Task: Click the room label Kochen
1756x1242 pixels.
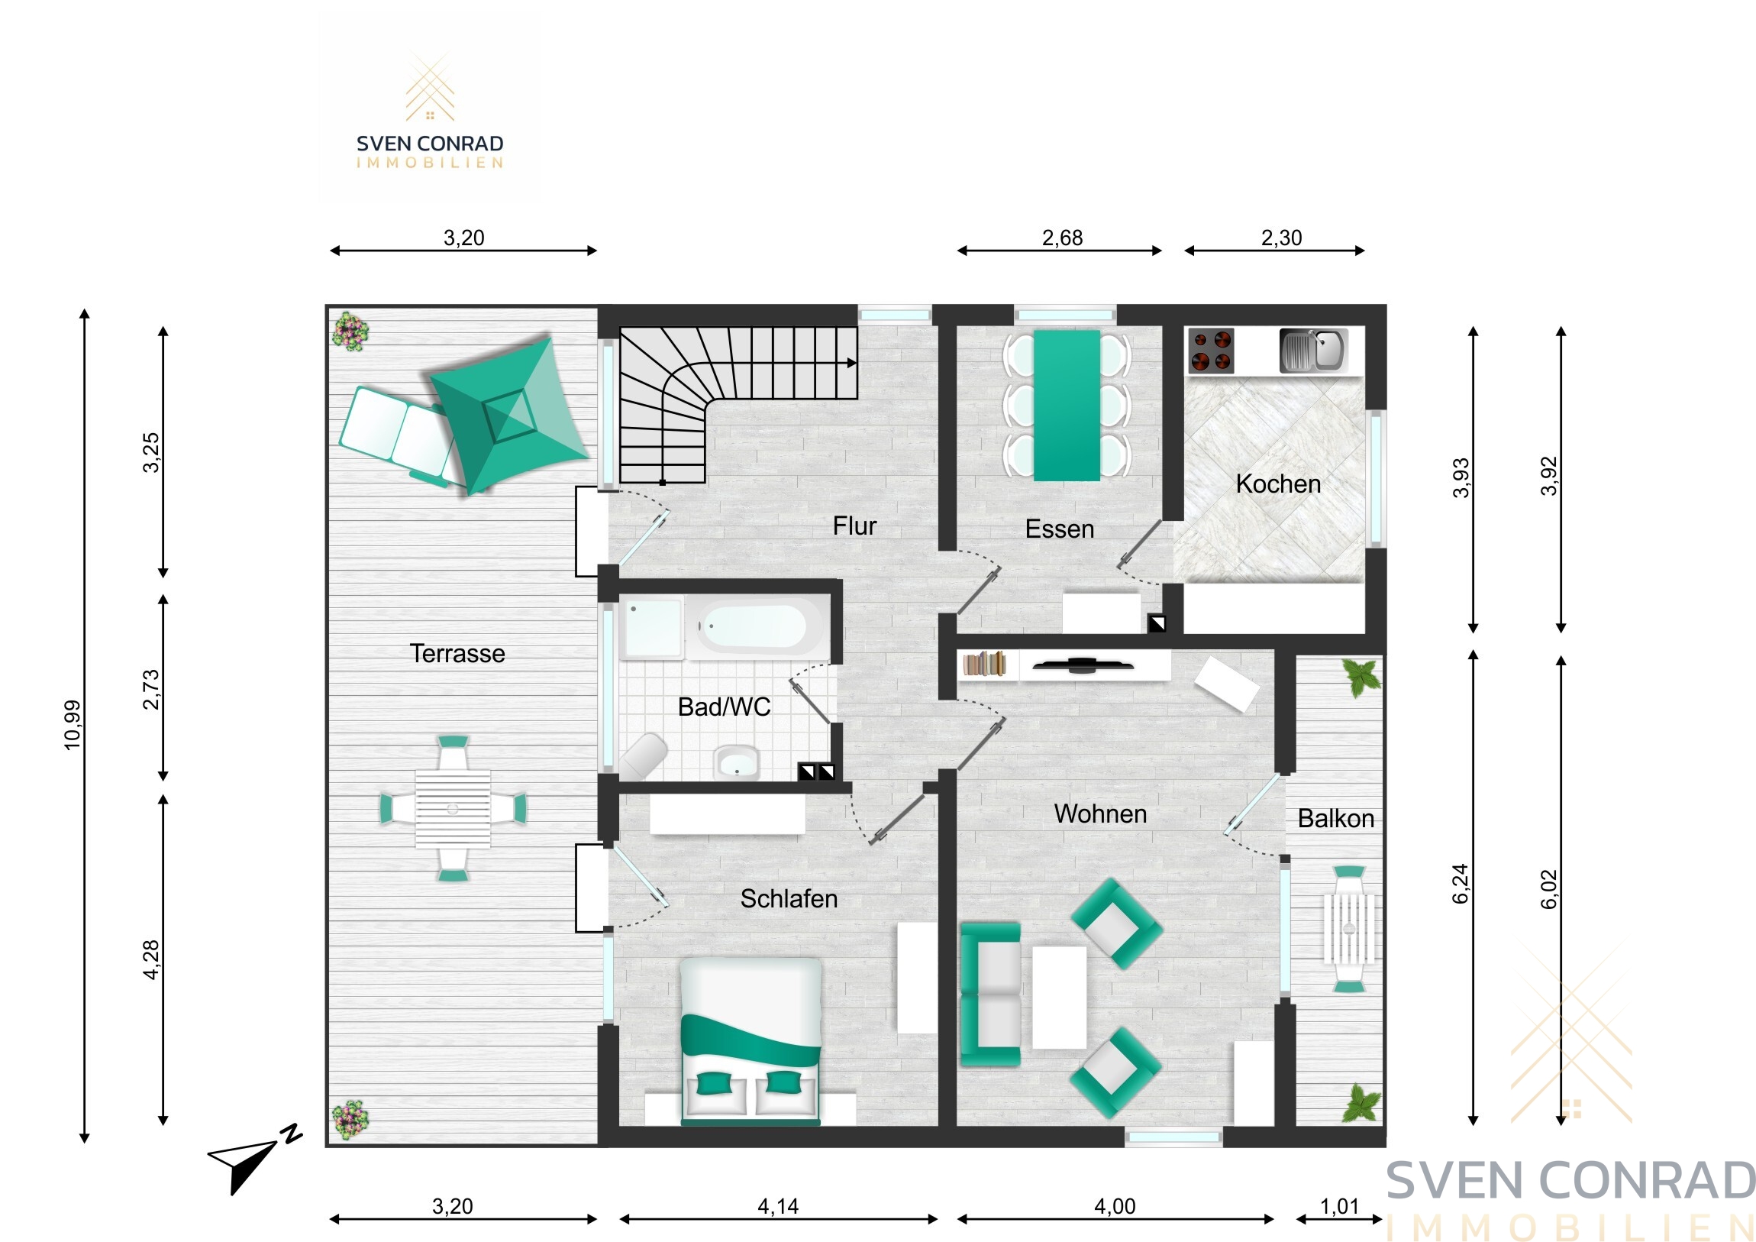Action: click(x=1278, y=484)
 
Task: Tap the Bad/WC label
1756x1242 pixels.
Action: click(x=725, y=707)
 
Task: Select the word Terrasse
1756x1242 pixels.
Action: click(x=457, y=654)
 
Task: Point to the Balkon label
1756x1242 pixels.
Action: click(x=1336, y=819)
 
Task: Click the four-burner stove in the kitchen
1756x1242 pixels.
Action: click(x=1211, y=350)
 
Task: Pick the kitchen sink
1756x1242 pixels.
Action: click(x=1313, y=350)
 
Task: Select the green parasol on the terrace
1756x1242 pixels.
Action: click(x=508, y=414)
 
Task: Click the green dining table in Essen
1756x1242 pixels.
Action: click(x=1067, y=405)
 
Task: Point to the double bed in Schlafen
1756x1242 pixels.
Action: click(x=751, y=1042)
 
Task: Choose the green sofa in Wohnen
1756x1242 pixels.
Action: click(x=990, y=994)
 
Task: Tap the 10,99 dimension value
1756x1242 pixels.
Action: click(x=73, y=725)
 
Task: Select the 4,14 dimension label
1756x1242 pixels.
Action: click(x=778, y=1207)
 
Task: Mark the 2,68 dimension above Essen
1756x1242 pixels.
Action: click(x=1062, y=238)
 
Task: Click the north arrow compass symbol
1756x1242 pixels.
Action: click(x=255, y=1160)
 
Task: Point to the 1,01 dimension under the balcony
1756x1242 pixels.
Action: click(x=1339, y=1207)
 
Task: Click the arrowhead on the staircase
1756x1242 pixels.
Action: click(x=852, y=364)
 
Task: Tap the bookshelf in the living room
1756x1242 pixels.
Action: click(x=984, y=664)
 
